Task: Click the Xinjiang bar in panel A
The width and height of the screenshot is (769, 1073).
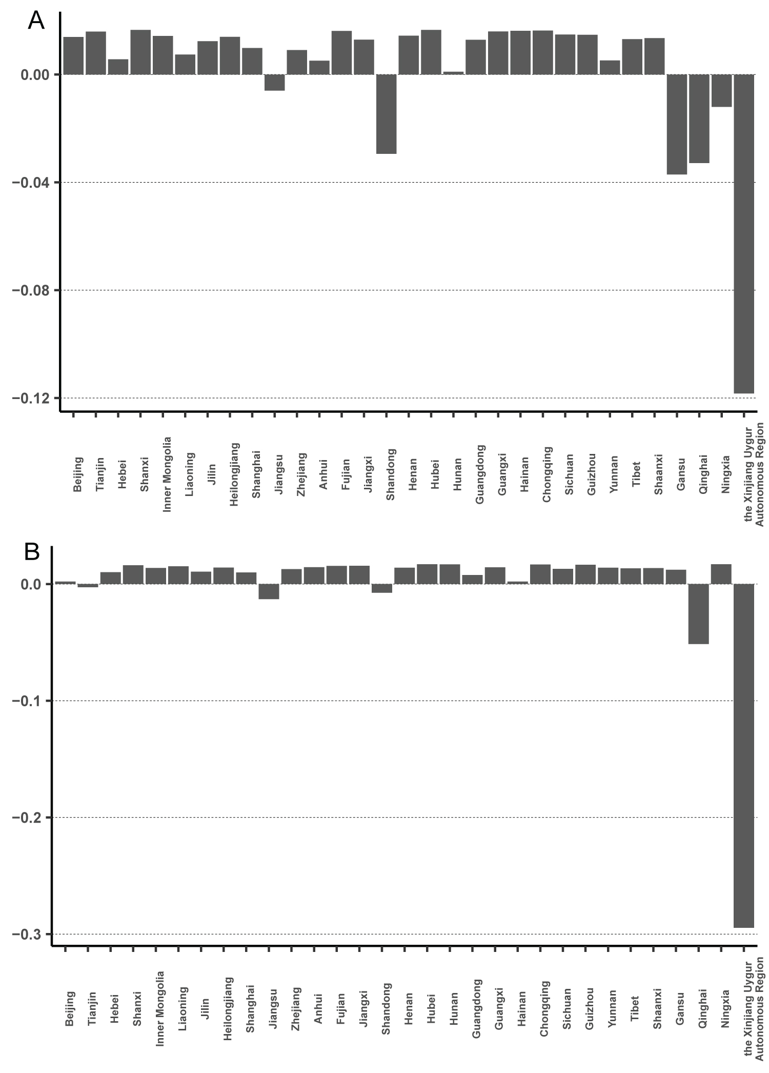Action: (744, 233)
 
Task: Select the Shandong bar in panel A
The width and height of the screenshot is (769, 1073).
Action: (387, 114)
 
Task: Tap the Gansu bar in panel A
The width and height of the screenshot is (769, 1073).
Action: (677, 124)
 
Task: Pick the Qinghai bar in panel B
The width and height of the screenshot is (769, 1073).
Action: (698, 613)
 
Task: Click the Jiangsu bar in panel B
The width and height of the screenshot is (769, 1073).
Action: (269, 591)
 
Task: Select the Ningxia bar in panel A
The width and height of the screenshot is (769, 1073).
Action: (721, 90)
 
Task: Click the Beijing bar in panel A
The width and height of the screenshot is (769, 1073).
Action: (73, 55)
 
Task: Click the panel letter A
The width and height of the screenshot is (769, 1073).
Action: (36, 21)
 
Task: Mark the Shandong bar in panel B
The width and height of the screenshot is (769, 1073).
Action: (382, 588)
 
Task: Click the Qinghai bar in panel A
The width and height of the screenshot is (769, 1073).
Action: (699, 118)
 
